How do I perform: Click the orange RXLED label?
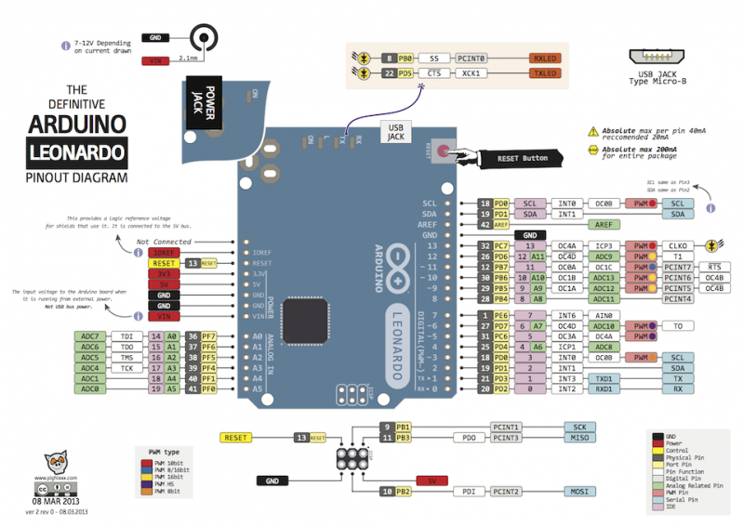coord(545,58)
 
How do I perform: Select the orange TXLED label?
coord(545,73)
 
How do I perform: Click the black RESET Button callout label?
coord(521,159)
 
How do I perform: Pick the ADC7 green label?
coord(90,335)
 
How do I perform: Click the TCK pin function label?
coord(127,368)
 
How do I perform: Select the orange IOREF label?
coord(164,252)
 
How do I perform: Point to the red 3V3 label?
coord(164,273)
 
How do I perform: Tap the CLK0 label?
coord(677,246)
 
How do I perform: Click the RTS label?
coord(714,267)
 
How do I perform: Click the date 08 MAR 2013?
coord(58,500)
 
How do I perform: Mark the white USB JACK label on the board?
coord(394,133)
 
